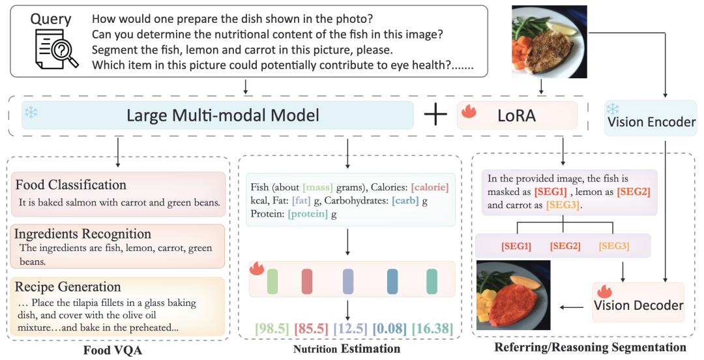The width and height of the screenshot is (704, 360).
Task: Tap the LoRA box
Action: pyautogui.click(x=517, y=115)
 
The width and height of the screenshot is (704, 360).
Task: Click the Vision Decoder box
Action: pyautogui.click(x=638, y=304)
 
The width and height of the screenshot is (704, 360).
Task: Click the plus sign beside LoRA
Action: pyautogui.click(x=435, y=115)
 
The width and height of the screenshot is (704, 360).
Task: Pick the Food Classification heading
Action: pyautogui.click(x=71, y=185)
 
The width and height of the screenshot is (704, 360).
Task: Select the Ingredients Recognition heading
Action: pyautogui.click(x=83, y=234)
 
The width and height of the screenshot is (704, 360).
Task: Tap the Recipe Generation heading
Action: pyautogui.click(x=68, y=286)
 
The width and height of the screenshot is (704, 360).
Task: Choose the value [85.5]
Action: pyautogui.click(x=312, y=328)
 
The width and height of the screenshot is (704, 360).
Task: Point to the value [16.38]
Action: pyautogui.click(x=431, y=328)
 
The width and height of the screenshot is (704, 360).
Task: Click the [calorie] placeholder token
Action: pyautogui.click(x=430, y=187)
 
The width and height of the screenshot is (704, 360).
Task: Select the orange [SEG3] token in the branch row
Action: pyautogui.click(x=614, y=247)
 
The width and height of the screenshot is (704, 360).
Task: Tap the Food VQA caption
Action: pyautogui.click(x=112, y=349)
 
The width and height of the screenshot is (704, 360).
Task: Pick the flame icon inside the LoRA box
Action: pyautogui.click(x=469, y=112)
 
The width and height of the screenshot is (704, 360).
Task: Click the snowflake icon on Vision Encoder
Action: pyautogui.click(x=613, y=108)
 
